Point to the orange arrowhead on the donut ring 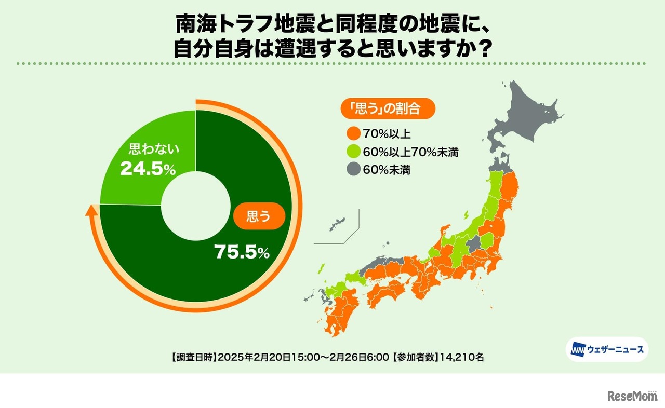pyautogui.click(x=92, y=210)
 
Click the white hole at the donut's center pyautogui.click(x=195, y=206)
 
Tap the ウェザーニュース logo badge pyautogui.click(x=606, y=349)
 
